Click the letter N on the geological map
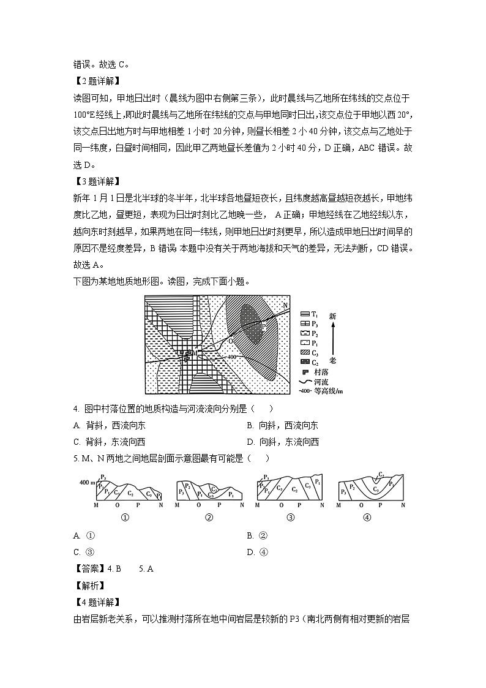click(285, 305)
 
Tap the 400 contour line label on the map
click(231, 357)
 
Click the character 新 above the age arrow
click(332, 317)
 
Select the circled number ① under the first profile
click(125, 516)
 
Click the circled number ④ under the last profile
click(367, 516)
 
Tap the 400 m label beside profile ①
click(87, 483)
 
